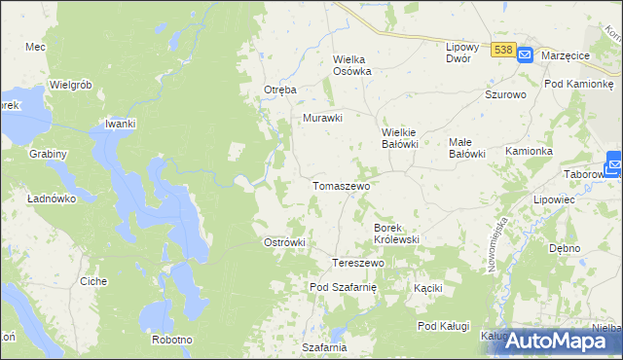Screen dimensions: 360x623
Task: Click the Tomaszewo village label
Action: pyautogui.click(x=339, y=185)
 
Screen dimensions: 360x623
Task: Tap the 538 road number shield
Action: pyautogui.click(x=502, y=50)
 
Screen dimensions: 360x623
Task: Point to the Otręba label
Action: pyautogui.click(x=279, y=90)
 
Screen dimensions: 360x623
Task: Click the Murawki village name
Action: pyautogui.click(x=323, y=118)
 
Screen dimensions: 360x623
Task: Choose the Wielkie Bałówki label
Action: pyautogui.click(x=399, y=137)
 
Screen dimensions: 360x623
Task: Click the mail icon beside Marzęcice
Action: pyautogui.click(x=524, y=55)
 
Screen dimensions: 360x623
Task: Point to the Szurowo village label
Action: pyautogui.click(x=505, y=95)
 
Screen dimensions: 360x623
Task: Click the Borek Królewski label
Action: pyautogui.click(x=396, y=233)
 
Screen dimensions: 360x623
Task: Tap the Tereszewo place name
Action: pyautogui.click(x=359, y=264)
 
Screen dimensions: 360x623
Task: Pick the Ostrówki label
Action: pyautogui.click(x=285, y=242)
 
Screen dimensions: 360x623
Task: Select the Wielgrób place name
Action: pyautogui.click(x=70, y=85)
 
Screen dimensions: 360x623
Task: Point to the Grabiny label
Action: pyautogui.click(x=48, y=154)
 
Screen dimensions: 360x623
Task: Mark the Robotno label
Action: pyautogui.click(x=172, y=340)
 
